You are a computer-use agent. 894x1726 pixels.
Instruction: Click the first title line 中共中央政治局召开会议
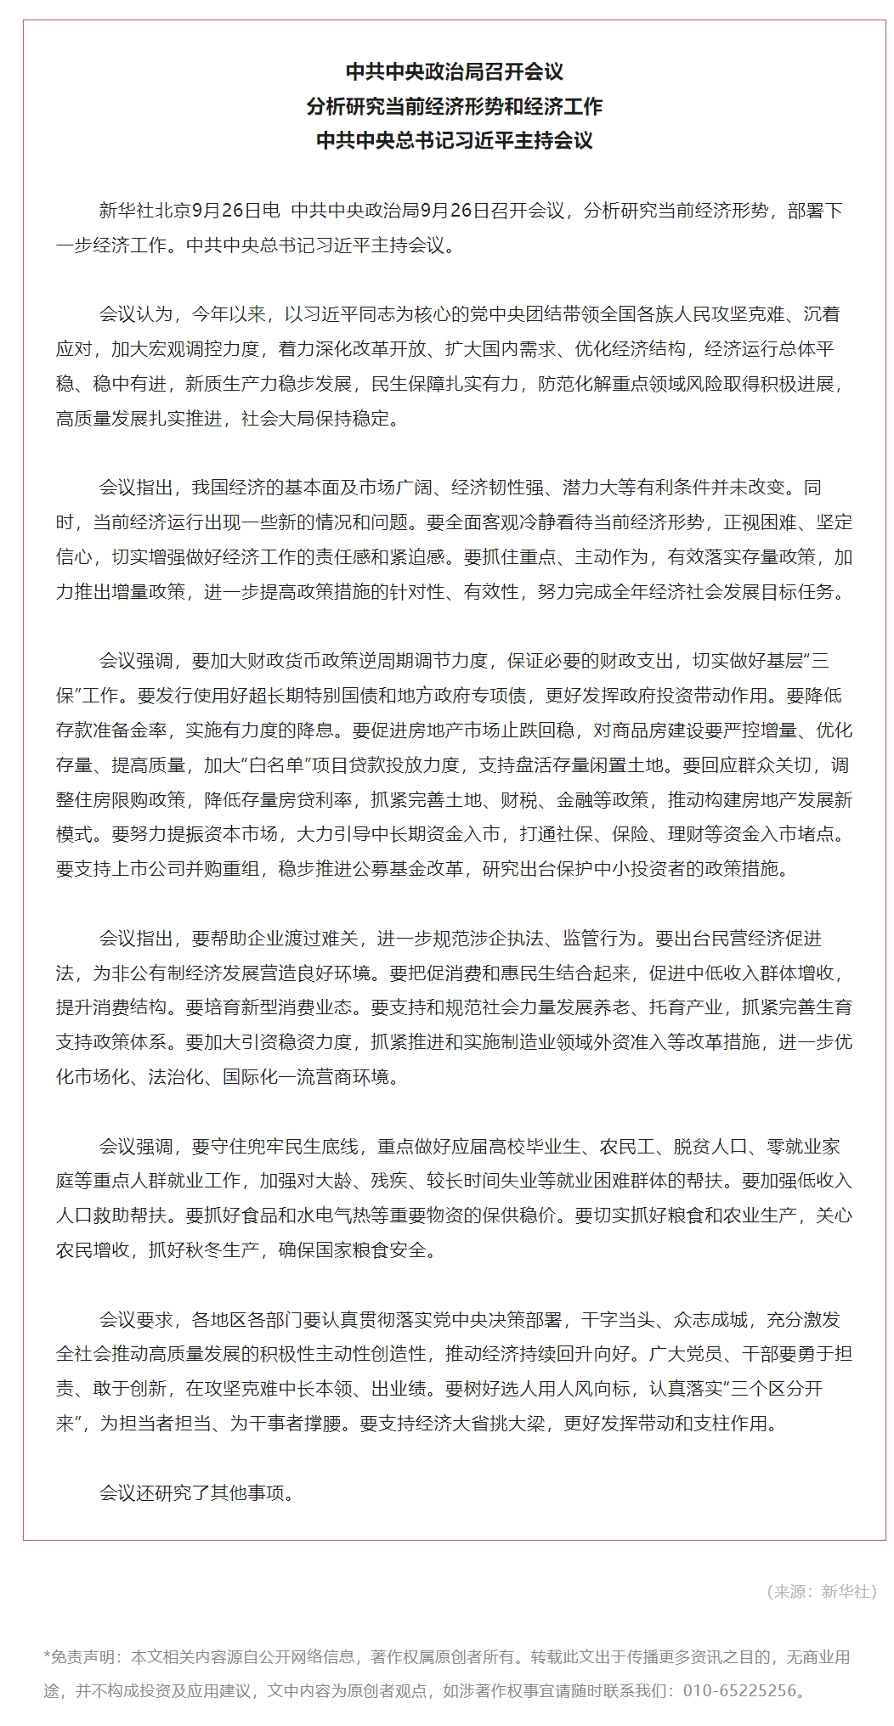[454, 72]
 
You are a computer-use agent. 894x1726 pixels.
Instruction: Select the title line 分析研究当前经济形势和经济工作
[454, 106]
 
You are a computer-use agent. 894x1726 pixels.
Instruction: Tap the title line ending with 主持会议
[454, 140]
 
